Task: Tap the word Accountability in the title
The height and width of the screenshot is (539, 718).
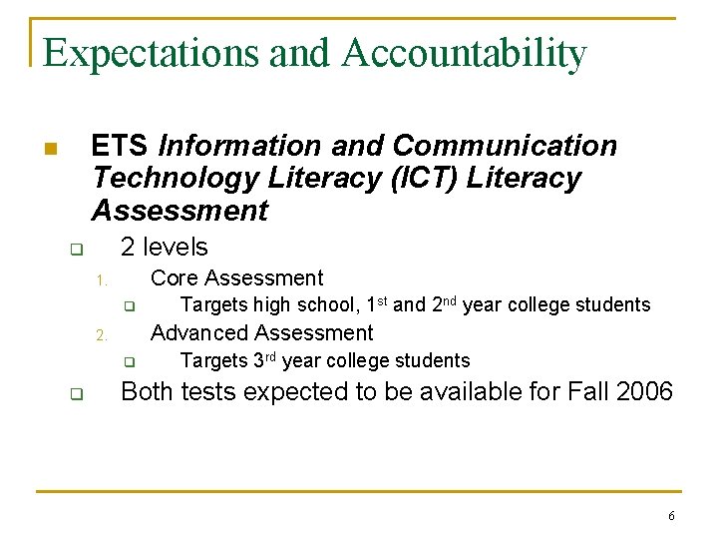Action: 464,53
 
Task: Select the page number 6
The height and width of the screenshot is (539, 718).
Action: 671,516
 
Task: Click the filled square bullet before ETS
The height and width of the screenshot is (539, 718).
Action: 49,150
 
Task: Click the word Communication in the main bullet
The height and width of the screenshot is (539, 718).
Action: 505,147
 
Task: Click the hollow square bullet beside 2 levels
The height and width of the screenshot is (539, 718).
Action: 75,250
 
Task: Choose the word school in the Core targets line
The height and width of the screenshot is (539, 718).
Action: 327,305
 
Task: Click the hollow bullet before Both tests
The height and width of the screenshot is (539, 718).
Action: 75,395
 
